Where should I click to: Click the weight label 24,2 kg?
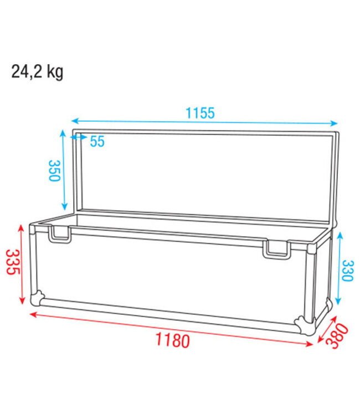37,71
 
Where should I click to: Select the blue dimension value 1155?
199,113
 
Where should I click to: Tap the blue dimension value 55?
97,141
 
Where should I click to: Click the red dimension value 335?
12,262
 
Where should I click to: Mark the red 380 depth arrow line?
326,332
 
